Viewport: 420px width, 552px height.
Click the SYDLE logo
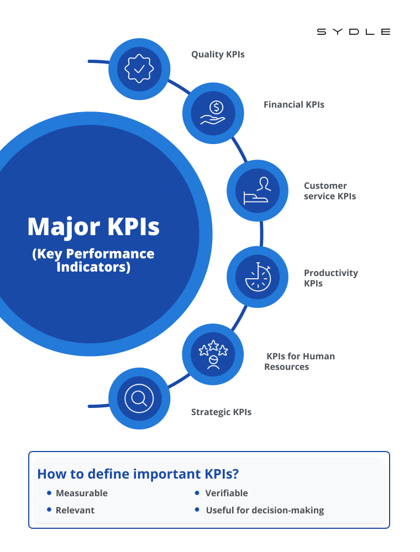click(354, 32)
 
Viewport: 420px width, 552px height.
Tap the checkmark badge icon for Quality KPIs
click(139, 69)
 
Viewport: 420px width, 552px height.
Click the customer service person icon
click(258, 191)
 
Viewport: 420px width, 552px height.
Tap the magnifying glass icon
click(139, 399)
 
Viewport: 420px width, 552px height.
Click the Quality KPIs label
click(218, 55)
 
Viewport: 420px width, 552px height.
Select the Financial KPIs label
click(294, 104)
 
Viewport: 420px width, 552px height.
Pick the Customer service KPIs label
click(330, 191)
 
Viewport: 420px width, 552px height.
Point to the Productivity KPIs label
click(331, 278)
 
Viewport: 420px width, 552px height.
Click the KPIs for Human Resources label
click(300, 362)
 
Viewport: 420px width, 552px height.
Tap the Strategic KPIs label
click(221, 412)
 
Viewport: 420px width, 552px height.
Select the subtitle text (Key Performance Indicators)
click(93, 261)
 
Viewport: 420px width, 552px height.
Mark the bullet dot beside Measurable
click(49, 492)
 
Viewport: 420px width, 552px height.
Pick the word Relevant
click(75, 510)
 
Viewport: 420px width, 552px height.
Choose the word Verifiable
click(227, 493)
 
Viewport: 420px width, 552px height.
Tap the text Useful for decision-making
click(265, 510)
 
